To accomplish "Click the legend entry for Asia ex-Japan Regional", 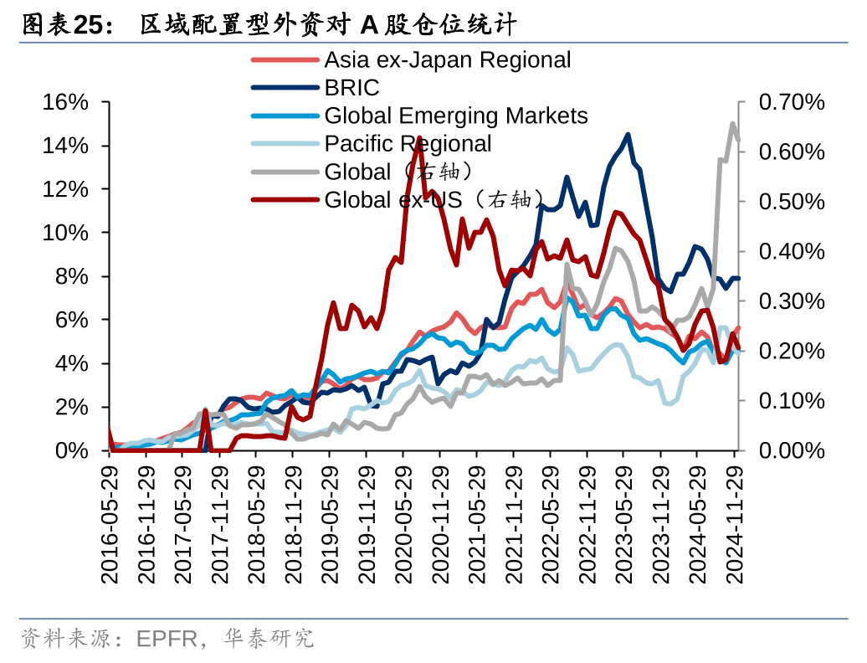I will click(x=448, y=60).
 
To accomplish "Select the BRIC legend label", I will click(x=351, y=88).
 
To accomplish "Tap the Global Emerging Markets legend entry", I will click(x=456, y=116).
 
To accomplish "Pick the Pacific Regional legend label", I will click(x=408, y=143).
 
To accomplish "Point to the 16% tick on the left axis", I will click(x=65, y=102).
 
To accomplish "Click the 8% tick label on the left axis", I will click(x=71, y=276).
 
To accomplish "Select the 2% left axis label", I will click(x=71, y=407).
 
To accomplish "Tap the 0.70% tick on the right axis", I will click(x=792, y=102).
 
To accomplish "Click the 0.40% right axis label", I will click(x=792, y=251).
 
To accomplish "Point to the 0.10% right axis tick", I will click(x=792, y=400).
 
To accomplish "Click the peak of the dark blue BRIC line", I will click(x=628, y=134).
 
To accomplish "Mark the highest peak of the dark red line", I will click(x=418, y=138).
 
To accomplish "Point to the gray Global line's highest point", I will click(x=732, y=124).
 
